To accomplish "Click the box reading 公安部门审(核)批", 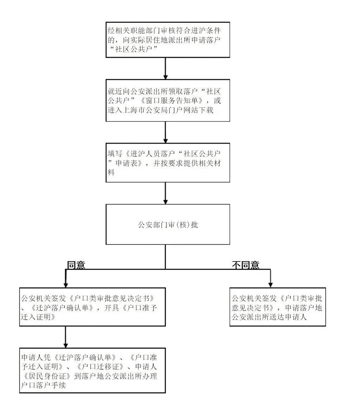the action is click(168, 224).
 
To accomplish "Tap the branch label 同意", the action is click(76, 265).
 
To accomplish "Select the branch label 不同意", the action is click(246, 265).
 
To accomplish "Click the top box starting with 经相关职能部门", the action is click(168, 40).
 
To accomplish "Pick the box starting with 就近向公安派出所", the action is click(168, 100).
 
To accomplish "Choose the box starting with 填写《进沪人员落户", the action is click(168, 163).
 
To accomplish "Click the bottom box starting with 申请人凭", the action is click(92, 370).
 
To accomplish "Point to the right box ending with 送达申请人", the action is click(278, 307).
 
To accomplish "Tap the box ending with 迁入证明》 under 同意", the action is click(92, 307).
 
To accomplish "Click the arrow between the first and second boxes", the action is click(165, 68).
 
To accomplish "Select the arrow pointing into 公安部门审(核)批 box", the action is click(165, 193).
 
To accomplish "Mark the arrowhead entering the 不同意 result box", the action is click(271, 285).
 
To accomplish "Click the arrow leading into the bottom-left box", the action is click(65, 337).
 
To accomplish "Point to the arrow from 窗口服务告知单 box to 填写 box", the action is click(165, 132).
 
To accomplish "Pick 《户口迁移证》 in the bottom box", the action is click(100, 367).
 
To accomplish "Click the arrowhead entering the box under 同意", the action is click(65, 285).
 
